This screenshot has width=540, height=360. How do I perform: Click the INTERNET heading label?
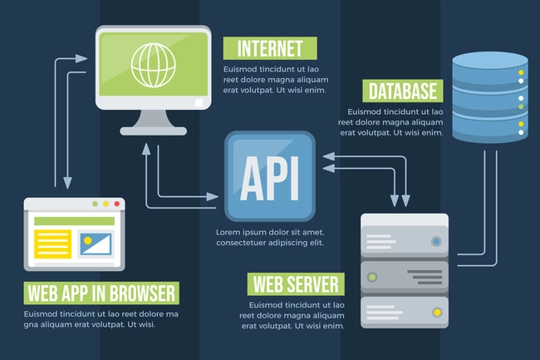point(270,48)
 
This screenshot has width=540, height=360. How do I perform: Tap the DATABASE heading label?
point(403,91)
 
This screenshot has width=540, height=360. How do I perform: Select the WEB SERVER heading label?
point(296,284)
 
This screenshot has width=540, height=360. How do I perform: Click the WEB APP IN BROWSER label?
point(101,293)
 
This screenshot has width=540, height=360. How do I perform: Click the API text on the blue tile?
point(270,178)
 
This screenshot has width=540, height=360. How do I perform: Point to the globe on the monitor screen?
point(153,65)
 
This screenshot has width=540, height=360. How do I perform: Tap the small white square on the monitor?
point(199,102)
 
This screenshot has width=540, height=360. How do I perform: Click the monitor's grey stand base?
point(153,131)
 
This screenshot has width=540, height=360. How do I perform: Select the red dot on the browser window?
point(117,204)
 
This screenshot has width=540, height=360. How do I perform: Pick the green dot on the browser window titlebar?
point(95,204)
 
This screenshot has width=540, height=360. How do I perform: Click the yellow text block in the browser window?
point(52,244)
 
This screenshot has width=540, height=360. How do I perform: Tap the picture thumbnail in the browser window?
point(96,244)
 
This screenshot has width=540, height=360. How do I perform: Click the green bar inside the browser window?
point(75,221)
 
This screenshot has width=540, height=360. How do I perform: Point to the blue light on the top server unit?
point(436,241)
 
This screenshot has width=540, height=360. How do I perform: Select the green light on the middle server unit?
point(372,277)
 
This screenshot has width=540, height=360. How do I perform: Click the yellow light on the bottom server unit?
point(437,313)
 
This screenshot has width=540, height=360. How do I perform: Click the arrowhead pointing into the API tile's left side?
point(212,197)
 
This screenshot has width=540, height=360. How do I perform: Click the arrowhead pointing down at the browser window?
point(67,183)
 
